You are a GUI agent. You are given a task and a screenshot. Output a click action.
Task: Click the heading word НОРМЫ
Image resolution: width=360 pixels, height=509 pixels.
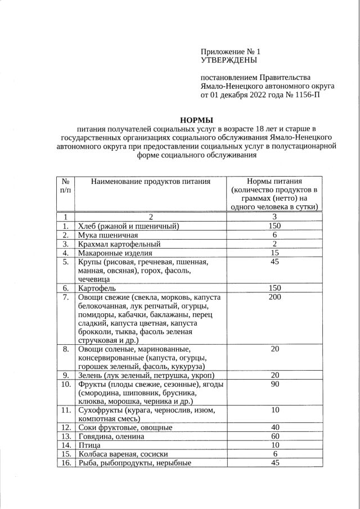click(196, 120)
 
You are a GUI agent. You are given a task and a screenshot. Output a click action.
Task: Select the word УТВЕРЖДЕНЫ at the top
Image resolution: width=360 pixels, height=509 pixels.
click(229, 59)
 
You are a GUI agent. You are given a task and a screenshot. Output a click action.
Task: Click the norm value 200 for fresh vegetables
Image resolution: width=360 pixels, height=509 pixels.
click(274, 297)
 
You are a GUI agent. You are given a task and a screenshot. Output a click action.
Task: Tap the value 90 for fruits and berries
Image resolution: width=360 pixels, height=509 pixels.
click(274, 385)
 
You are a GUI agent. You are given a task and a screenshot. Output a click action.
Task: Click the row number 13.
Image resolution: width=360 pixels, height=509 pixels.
click(65, 436)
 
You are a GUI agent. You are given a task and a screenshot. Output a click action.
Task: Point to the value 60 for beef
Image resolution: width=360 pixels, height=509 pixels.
click(274, 436)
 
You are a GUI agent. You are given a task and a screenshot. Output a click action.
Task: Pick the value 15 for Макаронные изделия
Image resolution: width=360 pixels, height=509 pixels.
click(274, 253)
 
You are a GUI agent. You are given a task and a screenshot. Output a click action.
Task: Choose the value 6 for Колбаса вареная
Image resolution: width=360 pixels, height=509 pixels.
click(274, 454)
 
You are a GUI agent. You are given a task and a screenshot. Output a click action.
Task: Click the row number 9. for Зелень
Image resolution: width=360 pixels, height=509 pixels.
click(65, 375)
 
